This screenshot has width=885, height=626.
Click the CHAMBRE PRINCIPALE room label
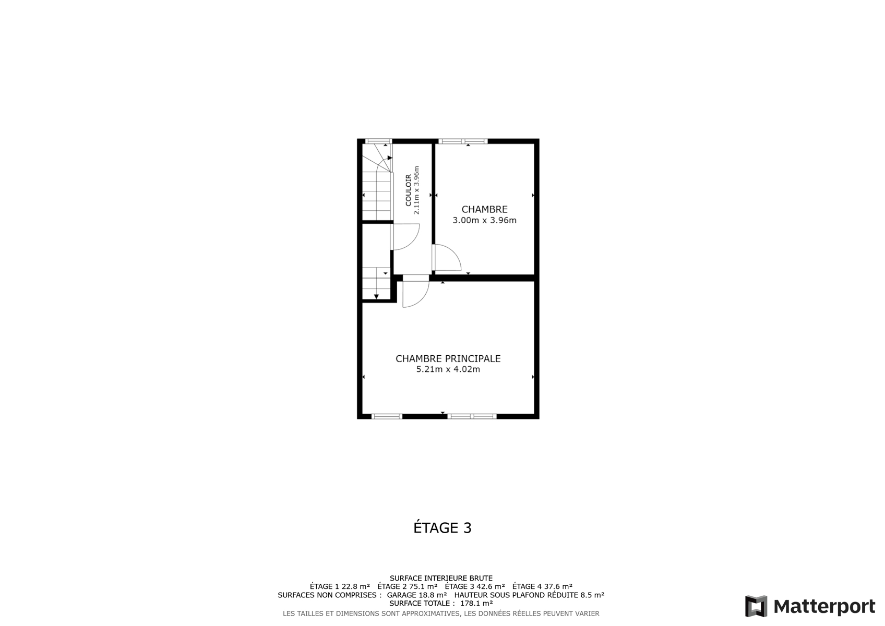(448, 358)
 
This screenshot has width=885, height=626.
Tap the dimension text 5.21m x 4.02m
(448, 369)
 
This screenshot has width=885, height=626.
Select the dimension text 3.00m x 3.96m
(484, 220)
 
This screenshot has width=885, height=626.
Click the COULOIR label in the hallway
(409, 190)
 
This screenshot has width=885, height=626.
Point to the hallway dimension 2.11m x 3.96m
(416, 190)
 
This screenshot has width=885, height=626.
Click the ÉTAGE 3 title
(442, 527)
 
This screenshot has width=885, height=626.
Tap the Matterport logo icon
(756, 606)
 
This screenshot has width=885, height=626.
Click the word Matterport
(824, 607)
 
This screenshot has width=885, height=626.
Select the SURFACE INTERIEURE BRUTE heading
(441, 578)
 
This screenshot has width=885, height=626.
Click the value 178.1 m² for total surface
(476, 603)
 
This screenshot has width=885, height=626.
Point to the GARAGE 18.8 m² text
(417, 595)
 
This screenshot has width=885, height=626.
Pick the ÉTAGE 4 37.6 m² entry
(543, 586)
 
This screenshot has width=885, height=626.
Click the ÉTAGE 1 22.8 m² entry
(340, 586)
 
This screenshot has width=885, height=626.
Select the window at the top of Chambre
(463, 141)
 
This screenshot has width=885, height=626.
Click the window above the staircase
(378, 141)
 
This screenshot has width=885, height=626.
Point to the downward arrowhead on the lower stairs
(377, 297)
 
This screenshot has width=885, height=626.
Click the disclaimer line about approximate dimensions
(441, 613)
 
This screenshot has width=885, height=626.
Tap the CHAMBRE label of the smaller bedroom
(484, 209)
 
